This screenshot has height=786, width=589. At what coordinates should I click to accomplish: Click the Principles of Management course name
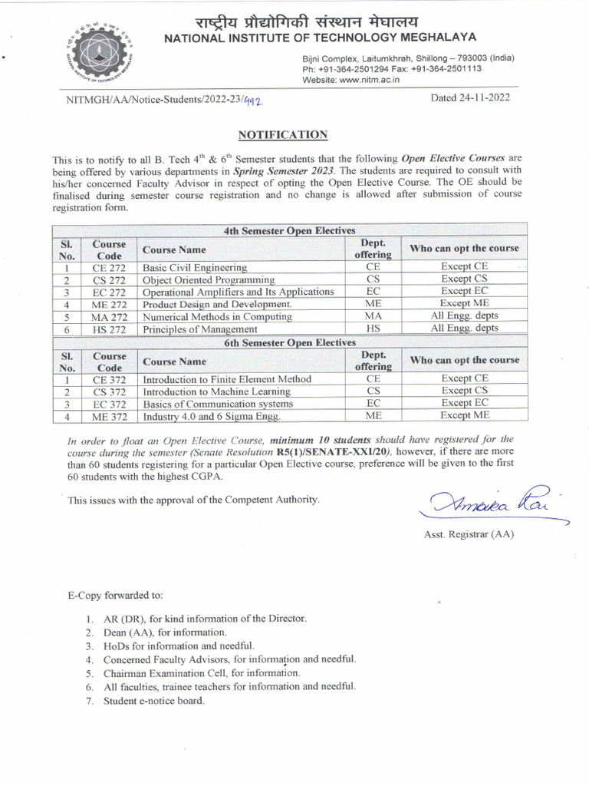click(x=200, y=329)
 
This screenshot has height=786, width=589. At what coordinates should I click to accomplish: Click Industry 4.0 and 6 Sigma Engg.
click(x=212, y=416)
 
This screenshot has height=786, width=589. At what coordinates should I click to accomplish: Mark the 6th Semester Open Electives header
click(x=289, y=342)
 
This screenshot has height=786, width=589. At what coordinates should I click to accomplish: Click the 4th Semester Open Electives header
click(x=289, y=230)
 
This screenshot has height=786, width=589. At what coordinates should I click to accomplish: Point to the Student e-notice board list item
click(x=153, y=701)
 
